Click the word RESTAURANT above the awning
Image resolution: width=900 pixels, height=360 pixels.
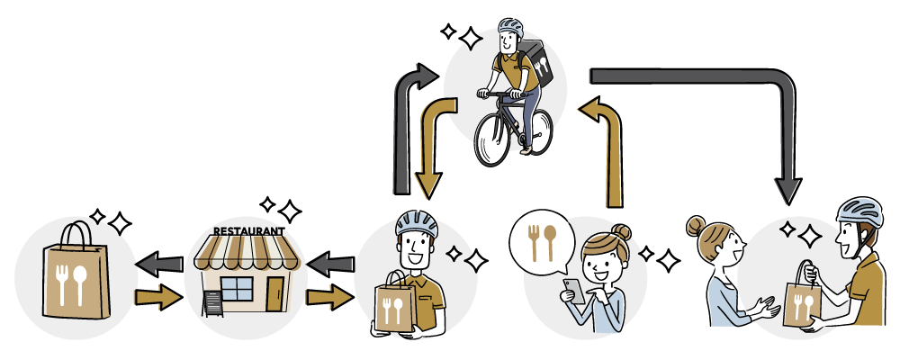coord(247,230)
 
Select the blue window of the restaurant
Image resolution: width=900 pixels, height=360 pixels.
coord(237,289)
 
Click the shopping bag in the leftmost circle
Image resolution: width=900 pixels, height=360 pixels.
coord(76,274)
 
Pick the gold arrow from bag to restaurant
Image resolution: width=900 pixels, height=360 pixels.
coord(157,296)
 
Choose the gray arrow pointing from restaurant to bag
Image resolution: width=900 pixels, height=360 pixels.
coord(157,265)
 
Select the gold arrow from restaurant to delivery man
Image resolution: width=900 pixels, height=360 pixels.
coord(328,296)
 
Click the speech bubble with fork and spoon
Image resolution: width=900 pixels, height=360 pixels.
coord(541,243)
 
